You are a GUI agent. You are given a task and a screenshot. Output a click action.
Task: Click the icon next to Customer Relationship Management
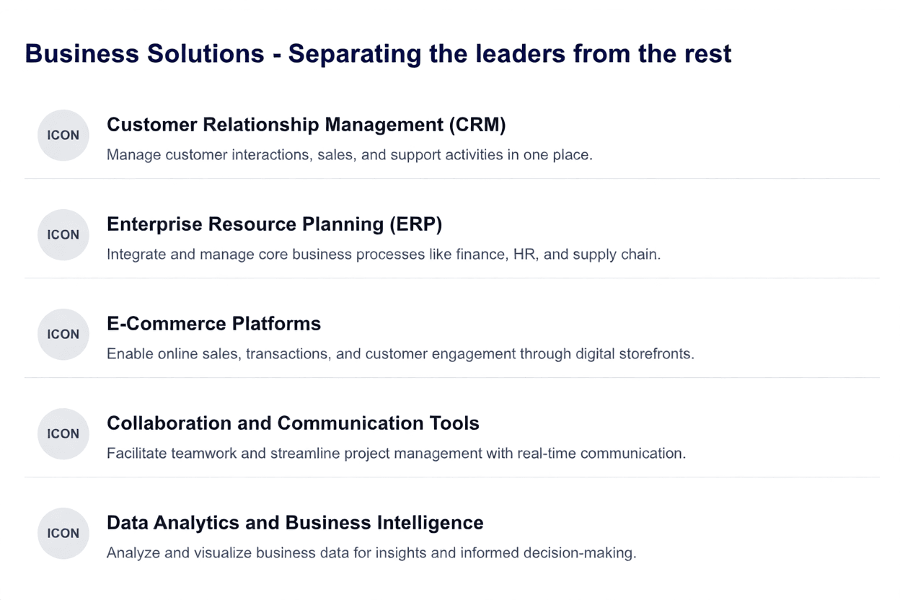pyautogui.click(x=63, y=136)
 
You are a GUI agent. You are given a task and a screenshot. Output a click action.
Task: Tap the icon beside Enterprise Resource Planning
pyautogui.click(x=63, y=235)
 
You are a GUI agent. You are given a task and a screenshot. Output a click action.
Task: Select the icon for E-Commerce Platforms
pyautogui.click(x=63, y=335)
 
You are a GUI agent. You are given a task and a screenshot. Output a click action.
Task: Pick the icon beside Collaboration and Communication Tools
pyautogui.click(x=63, y=434)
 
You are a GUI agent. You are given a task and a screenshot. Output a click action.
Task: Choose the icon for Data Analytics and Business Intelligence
pyautogui.click(x=63, y=534)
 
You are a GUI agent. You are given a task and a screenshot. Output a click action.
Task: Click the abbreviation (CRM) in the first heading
pyautogui.click(x=477, y=125)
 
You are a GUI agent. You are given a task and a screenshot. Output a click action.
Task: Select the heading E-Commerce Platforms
pyautogui.click(x=213, y=324)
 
